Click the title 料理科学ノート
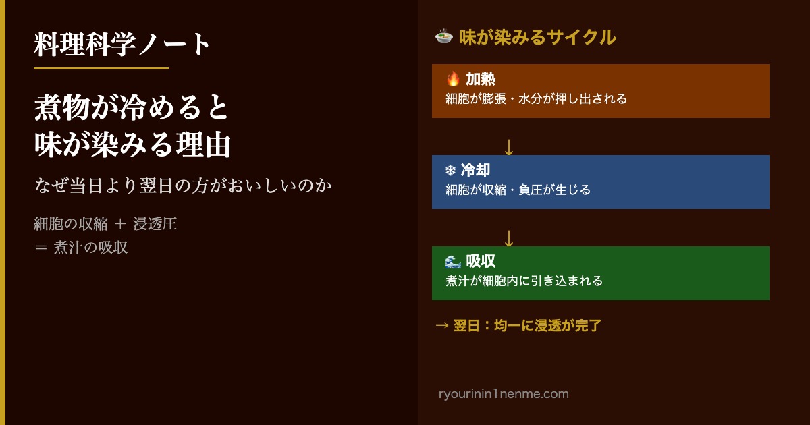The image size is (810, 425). [122, 44]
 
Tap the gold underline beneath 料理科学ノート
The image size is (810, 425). [101, 68]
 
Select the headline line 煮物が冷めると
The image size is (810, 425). [131, 107]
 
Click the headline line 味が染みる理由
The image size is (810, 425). [132, 144]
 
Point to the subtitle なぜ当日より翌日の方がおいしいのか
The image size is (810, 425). [183, 186]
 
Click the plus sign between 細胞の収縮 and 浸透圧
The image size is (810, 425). [119, 224]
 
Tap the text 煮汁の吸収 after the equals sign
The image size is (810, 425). [90, 248]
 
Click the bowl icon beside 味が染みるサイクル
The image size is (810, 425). [444, 37]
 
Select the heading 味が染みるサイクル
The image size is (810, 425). [537, 38]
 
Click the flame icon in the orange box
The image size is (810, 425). [453, 79]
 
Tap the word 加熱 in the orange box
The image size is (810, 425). [481, 79]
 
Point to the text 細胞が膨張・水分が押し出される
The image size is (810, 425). [536, 98]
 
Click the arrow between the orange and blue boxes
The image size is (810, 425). [509, 148]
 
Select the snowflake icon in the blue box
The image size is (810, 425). [451, 170]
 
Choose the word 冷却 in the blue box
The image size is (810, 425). [475, 170]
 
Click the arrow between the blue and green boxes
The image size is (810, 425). [509, 239]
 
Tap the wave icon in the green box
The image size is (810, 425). [453, 261]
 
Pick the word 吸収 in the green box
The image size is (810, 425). [481, 261]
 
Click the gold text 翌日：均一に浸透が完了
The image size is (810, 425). [527, 326]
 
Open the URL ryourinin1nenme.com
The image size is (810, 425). [504, 393]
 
